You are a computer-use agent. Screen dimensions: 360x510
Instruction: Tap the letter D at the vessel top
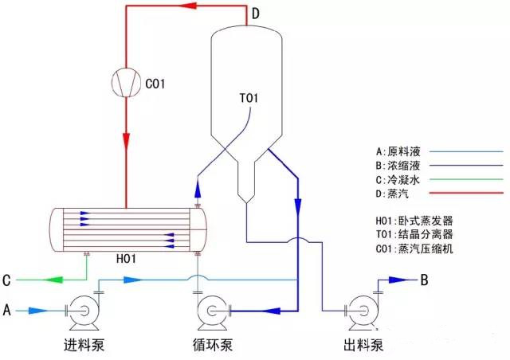(x=255, y=14)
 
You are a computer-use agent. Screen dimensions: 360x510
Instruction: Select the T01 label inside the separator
(x=250, y=98)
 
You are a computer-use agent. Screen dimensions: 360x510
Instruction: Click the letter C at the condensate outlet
(x=7, y=280)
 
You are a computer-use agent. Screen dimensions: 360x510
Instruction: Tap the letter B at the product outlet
(x=425, y=280)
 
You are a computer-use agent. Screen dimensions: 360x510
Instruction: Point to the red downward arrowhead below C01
(x=127, y=141)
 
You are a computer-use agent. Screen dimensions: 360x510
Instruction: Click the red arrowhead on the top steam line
(x=190, y=6)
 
